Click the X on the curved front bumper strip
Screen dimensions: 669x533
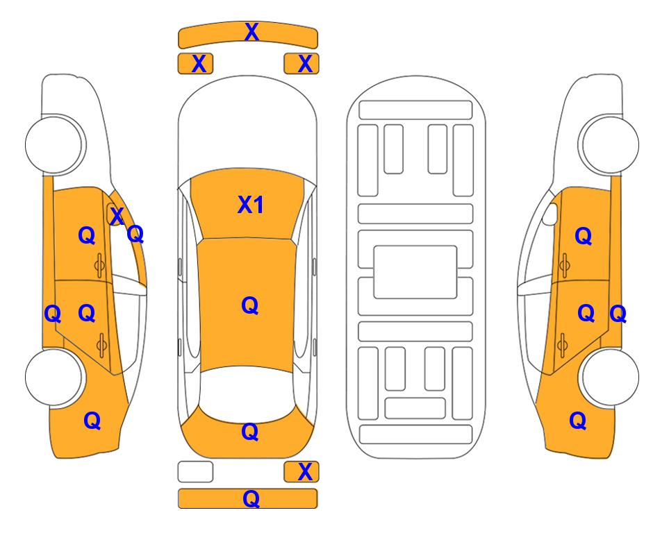pos(251,32)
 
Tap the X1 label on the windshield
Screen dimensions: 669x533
pos(251,205)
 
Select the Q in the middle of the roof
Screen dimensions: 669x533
pos(249,306)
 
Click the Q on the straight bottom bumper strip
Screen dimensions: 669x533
pos(251,499)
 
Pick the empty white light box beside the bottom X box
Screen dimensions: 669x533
pos(195,472)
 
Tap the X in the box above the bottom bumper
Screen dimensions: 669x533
pos(305,472)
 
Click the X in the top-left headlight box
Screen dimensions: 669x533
pos(199,64)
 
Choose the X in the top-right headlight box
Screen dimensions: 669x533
pos(305,64)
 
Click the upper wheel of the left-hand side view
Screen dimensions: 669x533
pos(54,144)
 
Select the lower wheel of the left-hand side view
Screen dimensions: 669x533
pos(54,377)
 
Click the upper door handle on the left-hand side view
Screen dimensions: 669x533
pos(99,265)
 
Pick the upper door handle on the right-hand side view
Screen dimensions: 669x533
pos(564,265)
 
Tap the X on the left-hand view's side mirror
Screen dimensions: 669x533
pos(117,216)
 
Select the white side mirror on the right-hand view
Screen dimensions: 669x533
pos(550,214)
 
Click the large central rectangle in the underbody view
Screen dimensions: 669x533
pos(415,272)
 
